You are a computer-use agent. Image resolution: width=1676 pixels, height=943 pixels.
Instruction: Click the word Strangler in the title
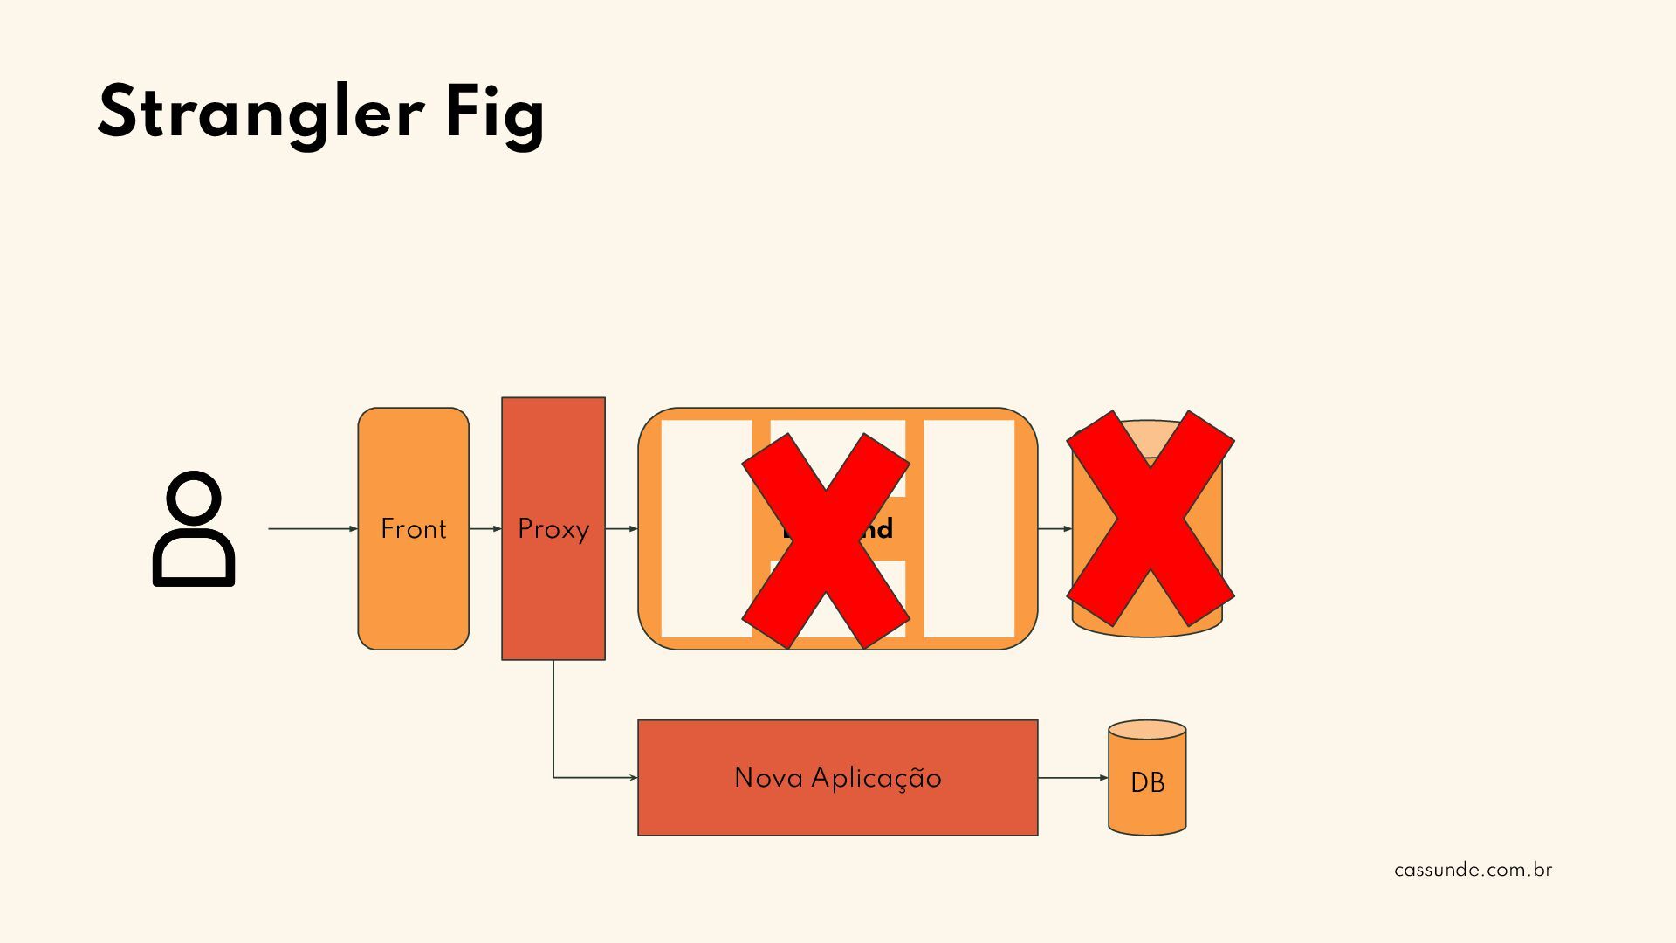[x=260, y=114]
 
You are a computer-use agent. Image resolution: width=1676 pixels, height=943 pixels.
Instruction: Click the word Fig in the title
[x=494, y=115]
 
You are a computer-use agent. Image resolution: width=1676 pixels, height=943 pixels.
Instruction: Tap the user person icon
[x=194, y=529]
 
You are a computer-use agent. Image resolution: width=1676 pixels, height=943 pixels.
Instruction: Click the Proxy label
[x=553, y=529]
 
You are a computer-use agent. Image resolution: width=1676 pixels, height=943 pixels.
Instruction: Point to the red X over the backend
[x=826, y=541]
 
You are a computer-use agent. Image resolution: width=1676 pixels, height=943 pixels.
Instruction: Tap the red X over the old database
[x=1151, y=519]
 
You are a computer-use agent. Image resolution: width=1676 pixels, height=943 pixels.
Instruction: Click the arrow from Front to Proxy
[x=485, y=528]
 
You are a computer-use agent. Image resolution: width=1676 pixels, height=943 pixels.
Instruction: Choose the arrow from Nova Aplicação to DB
[x=1073, y=777]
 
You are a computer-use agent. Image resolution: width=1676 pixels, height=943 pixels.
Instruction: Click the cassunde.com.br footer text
[x=1473, y=870]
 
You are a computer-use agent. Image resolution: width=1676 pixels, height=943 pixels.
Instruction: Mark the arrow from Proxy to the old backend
[x=622, y=528]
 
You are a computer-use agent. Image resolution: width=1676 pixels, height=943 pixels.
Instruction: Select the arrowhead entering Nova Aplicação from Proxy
[x=632, y=777]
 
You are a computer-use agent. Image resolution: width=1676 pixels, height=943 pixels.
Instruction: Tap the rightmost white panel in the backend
[x=969, y=528]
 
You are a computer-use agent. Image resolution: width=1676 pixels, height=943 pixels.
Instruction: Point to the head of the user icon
[x=194, y=499]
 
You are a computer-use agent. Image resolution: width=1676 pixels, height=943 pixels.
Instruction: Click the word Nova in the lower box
[x=767, y=777]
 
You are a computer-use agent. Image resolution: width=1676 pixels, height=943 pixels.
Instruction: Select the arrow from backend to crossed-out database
[x=1054, y=528]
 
